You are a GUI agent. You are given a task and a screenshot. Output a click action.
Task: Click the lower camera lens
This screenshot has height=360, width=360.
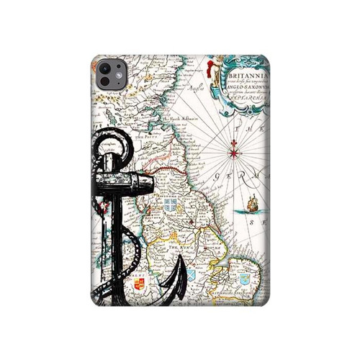(105, 80)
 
